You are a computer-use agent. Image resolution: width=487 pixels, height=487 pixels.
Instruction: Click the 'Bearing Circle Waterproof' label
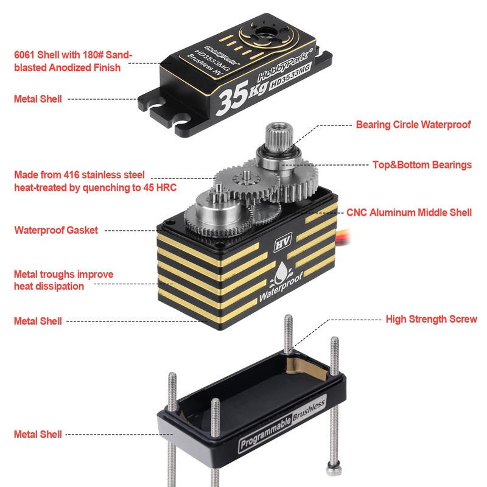413,125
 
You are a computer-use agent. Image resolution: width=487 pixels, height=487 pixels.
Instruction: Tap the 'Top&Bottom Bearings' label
422,164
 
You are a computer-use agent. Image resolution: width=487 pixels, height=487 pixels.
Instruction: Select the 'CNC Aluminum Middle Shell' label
409,212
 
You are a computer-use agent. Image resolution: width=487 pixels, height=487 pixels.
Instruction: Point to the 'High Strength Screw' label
432,319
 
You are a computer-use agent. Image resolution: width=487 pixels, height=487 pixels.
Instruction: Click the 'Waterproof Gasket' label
56,230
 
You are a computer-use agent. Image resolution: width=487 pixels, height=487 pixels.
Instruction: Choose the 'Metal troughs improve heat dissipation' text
64,280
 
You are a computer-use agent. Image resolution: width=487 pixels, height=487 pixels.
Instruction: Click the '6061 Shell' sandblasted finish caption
73,61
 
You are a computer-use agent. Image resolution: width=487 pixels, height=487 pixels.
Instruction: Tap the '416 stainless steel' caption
96,181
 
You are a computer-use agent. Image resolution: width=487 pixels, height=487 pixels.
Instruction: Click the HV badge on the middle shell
282,242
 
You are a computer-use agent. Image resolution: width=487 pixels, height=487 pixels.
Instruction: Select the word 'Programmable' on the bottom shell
266,433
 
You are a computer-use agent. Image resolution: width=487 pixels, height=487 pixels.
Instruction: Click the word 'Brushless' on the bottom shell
309,409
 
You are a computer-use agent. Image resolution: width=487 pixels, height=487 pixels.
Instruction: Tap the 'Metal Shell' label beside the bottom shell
38,434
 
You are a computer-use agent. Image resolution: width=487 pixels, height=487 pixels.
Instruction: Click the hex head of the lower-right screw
334,469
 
